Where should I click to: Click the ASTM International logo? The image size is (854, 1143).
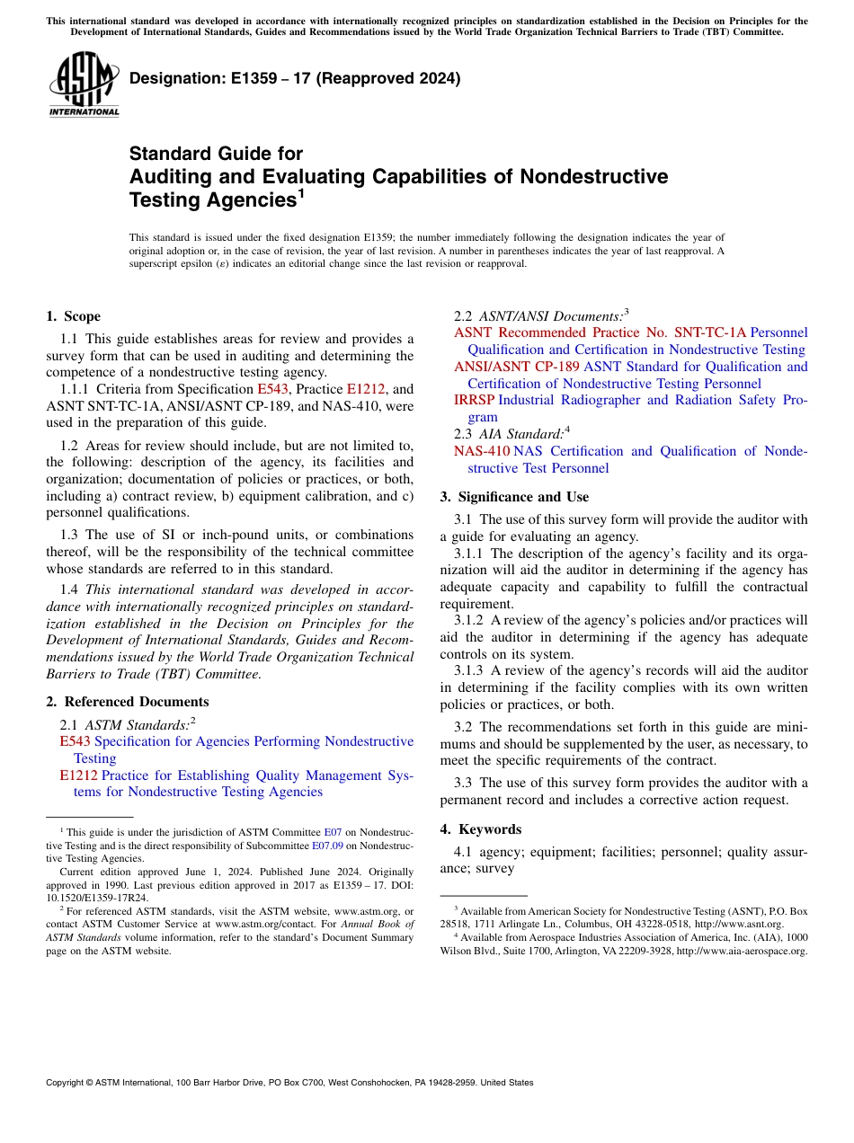coord(84,85)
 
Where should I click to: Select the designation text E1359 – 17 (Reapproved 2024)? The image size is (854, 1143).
coord(295,78)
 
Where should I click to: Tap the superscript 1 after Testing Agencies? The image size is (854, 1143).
coord(301,194)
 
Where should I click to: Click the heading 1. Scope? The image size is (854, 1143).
coord(73,316)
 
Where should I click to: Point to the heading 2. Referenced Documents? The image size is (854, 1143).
coord(127,702)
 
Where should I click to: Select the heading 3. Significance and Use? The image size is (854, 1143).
coord(514,497)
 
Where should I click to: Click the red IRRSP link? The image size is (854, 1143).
coord(474,400)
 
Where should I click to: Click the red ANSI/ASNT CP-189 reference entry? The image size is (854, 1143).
coord(517,367)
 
